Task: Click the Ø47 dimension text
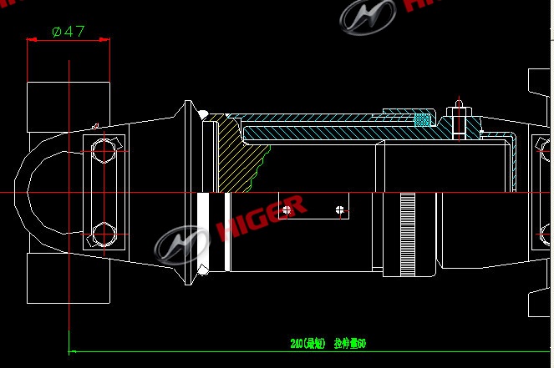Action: tap(69, 32)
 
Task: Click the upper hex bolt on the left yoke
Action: tap(104, 151)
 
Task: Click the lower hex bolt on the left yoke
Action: tap(104, 234)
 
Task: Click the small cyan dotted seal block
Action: tap(424, 120)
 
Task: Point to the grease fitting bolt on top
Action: tap(458, 118)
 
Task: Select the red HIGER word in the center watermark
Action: tap(261, 219)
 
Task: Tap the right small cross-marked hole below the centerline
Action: tap(338, 209)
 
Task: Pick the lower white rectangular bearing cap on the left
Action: tap(69, 279)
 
